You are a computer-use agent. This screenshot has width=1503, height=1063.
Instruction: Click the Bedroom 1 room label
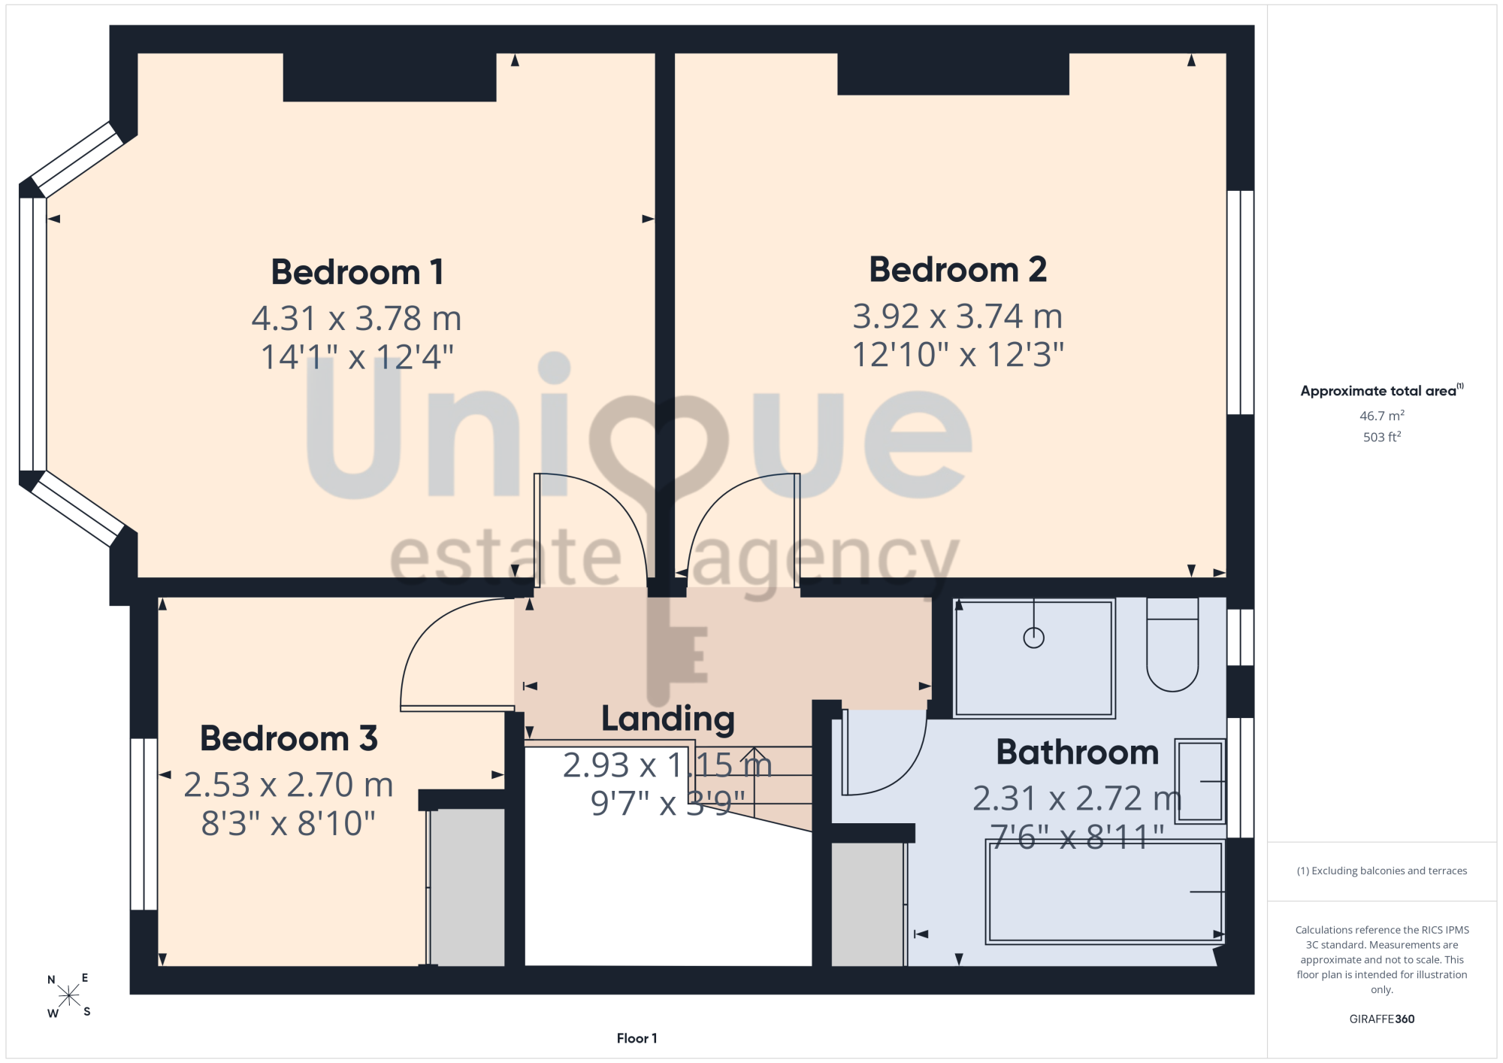click(x=357, y=272)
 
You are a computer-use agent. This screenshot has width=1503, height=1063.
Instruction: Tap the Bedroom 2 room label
click(x=958, y=269)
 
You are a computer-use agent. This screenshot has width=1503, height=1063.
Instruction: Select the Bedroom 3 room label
click(x=289, y=738)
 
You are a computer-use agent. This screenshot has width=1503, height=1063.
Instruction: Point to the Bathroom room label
click(x=1078, y=752)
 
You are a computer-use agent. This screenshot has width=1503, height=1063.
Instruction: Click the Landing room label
click(x=668, y=719)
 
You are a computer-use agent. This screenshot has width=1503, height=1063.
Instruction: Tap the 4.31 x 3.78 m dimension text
click(x=357, y=318)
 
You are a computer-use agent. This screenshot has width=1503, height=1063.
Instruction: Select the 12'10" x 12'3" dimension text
click(x=958, y=354)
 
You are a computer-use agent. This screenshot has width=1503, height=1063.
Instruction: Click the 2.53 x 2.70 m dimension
click(x=289, y=785)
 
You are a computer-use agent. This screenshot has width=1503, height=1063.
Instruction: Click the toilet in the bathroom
click(x=1172, y=644)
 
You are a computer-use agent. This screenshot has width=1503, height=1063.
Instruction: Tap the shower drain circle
click(x=1034, y=637)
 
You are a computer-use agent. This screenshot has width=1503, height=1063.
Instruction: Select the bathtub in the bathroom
click(x=1105, y=892)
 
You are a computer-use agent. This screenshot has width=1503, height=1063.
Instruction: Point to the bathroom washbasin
click(x=1200, y=781)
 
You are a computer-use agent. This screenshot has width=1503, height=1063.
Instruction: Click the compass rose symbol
click(x=68, y=995)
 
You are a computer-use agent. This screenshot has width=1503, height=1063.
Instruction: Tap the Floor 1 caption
click(x=637, y=1038)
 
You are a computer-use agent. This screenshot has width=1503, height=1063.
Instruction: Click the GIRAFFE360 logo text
click(x=1381, y=1019)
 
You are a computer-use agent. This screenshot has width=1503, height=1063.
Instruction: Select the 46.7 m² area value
click(x=1381, y=416)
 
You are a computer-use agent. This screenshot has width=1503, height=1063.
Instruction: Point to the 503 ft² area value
click(x=1381, y=437)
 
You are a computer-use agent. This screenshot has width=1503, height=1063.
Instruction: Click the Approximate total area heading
click(x=1381, y=390)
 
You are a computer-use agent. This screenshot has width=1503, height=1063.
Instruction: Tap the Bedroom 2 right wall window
click(x=1240, y=302)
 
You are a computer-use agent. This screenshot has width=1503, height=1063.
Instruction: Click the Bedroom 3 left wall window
click(x=144, y=824)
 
